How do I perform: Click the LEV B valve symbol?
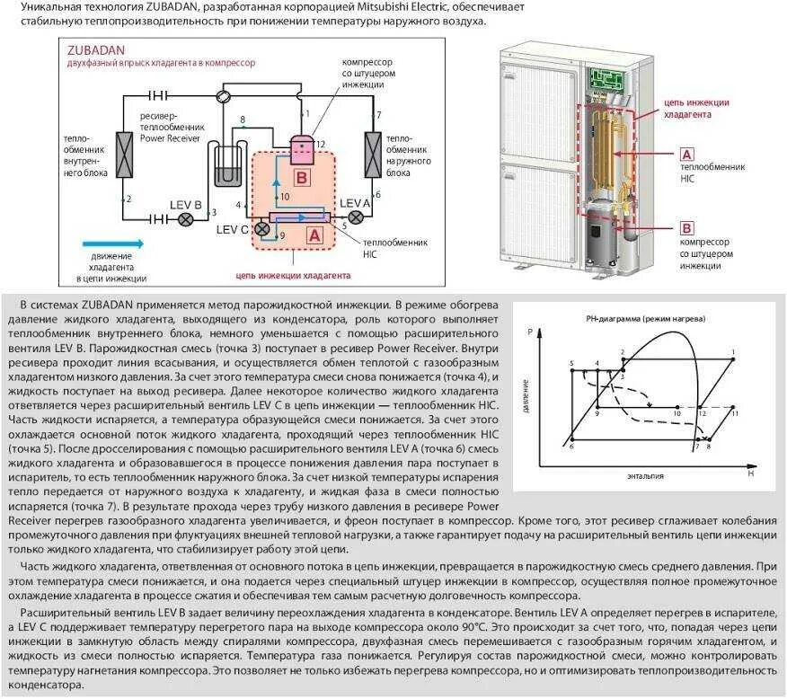click(x=187, y=218)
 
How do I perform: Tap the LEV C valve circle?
click(x=262, y=230)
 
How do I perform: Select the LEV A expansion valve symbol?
click(x=356, y=217)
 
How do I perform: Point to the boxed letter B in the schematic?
click(x=303, y=177)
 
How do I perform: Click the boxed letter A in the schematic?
click(x=314, y=235)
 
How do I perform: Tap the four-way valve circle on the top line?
click(x=225, y=94)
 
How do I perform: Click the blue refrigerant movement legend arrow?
click(x=112, y=243)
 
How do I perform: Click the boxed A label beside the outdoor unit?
click(x=685, y=155)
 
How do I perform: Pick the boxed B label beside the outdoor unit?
click(x=685, y=226)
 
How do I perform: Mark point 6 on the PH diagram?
click(x=572, y=439)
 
